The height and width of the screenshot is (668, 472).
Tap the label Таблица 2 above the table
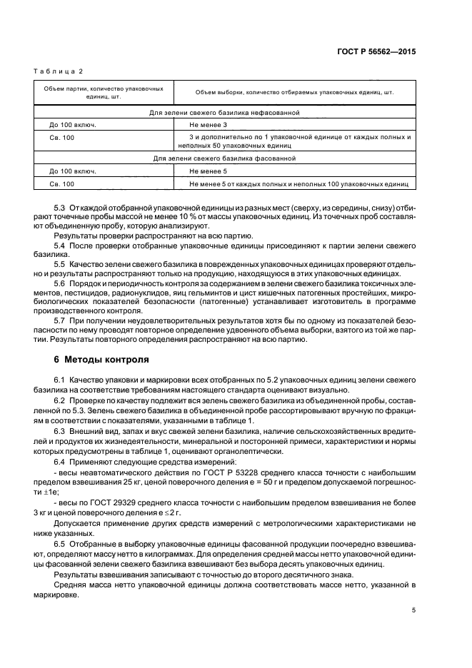pos(59,71)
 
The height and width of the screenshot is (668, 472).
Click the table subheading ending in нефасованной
pos(224,113)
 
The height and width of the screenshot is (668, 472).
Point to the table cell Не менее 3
pos(209,124)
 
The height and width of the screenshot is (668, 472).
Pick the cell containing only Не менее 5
pos(209,171)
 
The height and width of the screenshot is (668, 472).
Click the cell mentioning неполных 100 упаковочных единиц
pos(298,184)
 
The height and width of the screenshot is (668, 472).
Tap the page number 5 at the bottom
pos(413,609)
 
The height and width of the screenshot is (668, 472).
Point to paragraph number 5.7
pos(61,320)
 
